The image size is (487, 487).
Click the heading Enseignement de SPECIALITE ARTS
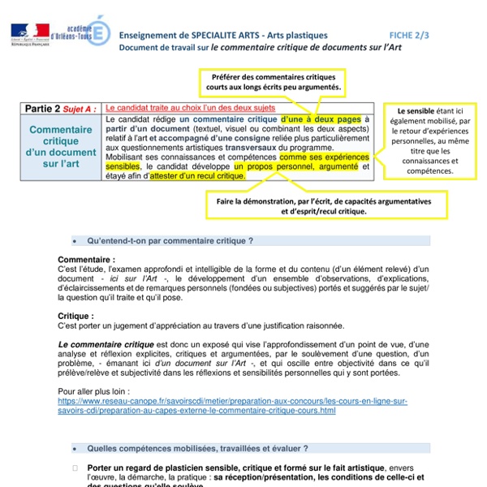223,36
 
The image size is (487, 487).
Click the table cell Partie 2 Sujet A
62,108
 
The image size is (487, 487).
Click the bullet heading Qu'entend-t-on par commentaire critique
170,241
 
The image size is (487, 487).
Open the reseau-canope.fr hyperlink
231,406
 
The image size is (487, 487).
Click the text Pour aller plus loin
91,392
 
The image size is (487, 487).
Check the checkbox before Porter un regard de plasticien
75,468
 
